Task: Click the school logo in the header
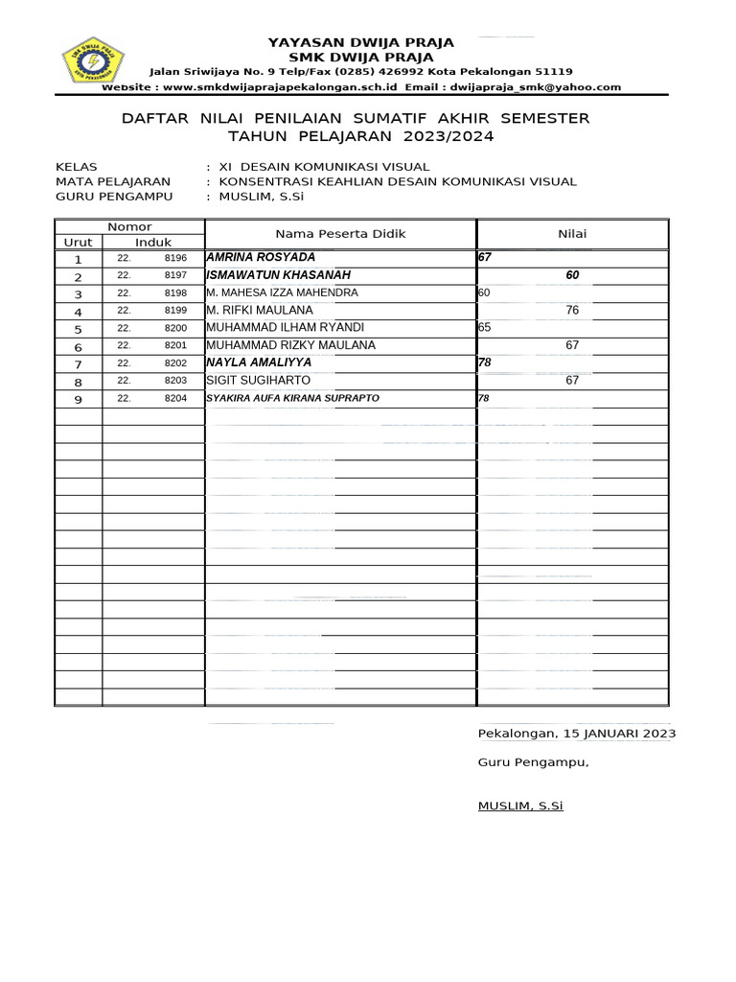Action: [x=94, y=59]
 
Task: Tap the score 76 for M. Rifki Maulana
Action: [x=572, y=311]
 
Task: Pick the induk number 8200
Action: [x=175, y=328]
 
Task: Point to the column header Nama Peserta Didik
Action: [x=340, y=234]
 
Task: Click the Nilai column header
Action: [x=572, y=234]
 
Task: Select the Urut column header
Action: [x=78, y=243]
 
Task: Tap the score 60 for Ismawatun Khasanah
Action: [x=572, y=275]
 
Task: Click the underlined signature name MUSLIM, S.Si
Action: [x=520, y=806]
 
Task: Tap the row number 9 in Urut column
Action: [x=78, y=399]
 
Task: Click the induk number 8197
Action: [x=175, y=275]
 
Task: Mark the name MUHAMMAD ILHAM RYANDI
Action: [x=272, y=328]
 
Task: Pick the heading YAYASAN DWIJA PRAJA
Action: [x=360, y=43]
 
